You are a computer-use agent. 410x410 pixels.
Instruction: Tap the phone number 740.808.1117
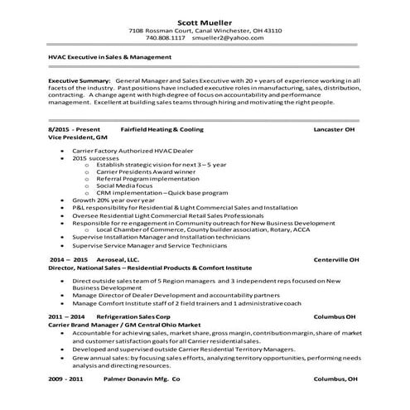(166, 38)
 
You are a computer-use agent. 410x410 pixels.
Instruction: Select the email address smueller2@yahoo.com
(227, 38)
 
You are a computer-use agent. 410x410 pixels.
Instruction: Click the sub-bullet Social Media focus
(133, 188)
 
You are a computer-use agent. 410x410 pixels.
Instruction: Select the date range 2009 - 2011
(67, 379)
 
